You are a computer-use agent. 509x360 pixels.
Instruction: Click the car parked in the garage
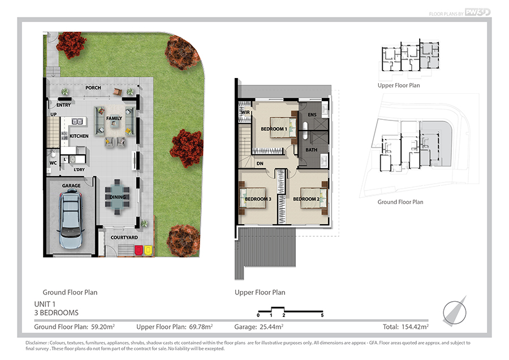tap(71, 220)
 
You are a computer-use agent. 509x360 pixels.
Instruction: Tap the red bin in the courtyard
tap(139, 250)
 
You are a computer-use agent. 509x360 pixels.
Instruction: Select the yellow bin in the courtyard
tap(148, 250)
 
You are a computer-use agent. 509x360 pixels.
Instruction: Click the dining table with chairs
tap(117, 197)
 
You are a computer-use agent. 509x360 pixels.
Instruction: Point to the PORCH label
tap(93, 88)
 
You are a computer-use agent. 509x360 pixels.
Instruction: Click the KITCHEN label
tap(79, 136)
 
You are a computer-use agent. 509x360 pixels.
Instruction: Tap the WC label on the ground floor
tap(53, 163)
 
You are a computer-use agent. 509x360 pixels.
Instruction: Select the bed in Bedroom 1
tap(283, 128)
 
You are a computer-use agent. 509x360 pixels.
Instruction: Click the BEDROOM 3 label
tap(258, 199)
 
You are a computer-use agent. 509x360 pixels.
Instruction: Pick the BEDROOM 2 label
tap(307, 199)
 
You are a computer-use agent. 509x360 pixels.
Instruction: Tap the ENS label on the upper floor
tap(312, 115)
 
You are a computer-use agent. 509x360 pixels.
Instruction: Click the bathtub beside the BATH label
tap(305, 131)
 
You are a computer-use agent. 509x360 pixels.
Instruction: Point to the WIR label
tap(245, 112)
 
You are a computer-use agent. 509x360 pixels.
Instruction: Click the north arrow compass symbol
tap(455, 311)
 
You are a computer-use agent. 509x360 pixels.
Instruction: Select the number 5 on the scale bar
tap(322, 315)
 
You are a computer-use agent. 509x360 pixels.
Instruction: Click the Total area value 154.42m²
tap(415, 327)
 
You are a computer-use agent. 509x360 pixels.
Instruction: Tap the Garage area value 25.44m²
tap(271, 327)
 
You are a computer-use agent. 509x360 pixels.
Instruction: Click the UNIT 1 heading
tap(45, 304)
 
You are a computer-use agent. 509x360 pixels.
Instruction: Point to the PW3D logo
tap(478, 12)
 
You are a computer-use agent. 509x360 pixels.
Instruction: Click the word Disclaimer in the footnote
tap(36, 342)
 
